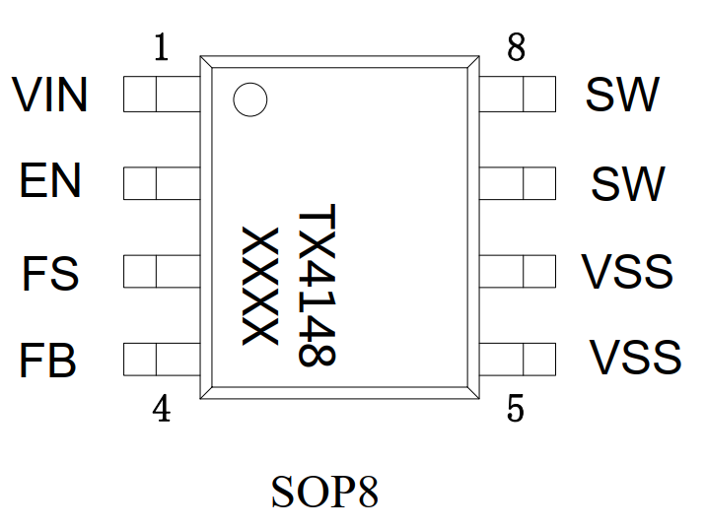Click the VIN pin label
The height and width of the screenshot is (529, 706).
[50, 96]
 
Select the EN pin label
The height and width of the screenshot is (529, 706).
[51, 182]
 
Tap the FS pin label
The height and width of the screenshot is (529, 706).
[50, 273]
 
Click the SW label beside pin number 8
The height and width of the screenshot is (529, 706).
[621, 96]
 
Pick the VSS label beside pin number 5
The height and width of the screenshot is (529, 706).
[635, 358]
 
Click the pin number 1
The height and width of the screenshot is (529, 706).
[162, 47]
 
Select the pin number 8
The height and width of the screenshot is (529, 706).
[516, 47]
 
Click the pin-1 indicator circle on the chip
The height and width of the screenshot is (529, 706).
[249, 99]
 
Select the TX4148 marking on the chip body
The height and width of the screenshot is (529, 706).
[318, 286]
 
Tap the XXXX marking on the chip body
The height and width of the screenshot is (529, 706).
[258, 286]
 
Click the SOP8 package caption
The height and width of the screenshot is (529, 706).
[324, 492]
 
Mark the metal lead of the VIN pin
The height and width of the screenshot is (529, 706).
[162, 96]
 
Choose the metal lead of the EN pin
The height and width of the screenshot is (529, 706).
[162, 183]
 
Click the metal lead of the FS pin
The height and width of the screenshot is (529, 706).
[162, 271]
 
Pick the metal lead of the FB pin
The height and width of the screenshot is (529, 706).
[162, 360]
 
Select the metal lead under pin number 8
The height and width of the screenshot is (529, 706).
[518, 96]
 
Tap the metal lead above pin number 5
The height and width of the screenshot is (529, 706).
[518, 360]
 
